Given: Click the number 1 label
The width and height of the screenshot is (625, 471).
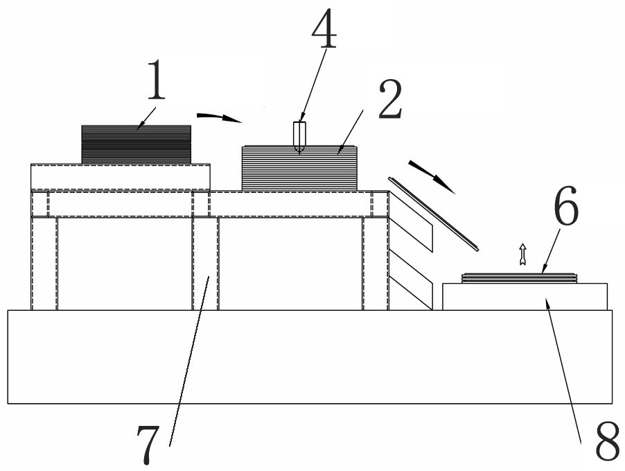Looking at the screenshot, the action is [x=156, y=80].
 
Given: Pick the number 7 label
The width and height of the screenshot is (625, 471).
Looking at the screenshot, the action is [x=148, y=444].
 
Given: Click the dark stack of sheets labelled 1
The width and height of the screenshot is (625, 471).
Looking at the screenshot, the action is [x=136, y=144].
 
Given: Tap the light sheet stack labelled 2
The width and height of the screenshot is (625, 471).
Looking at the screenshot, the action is [x=299, y=168].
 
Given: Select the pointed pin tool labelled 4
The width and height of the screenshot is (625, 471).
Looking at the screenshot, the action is [x=299, y=137].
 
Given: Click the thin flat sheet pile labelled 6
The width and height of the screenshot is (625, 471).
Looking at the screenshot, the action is [x=520, y=277].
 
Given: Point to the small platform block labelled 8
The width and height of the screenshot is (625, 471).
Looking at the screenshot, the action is [x=525, y=296].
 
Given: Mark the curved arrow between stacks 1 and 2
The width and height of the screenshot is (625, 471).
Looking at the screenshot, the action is [x=219, y=117].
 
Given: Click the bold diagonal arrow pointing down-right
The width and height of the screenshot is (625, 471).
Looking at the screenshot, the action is [x=431, y=176].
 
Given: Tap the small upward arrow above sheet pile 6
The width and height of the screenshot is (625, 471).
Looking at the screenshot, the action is [x=522, y=254].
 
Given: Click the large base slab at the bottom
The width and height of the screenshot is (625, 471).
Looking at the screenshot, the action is [x=310, y=357].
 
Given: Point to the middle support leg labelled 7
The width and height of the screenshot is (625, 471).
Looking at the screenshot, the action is [x=205, y=264].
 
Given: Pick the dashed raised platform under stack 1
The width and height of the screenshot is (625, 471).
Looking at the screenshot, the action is [x=121, y=177].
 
